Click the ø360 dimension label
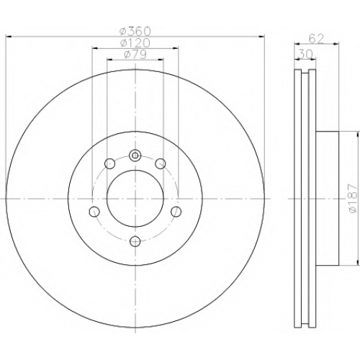coord(135,31)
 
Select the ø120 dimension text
coord(135,43)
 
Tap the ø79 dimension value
coord(135,55)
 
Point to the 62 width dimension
coord(316,39)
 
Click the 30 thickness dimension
coord(305,55)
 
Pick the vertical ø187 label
coord(353,198)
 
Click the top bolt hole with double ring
coord(135,156)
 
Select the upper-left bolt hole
coord(109,163)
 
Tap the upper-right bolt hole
coord(161,163)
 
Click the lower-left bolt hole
coord(94,212)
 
